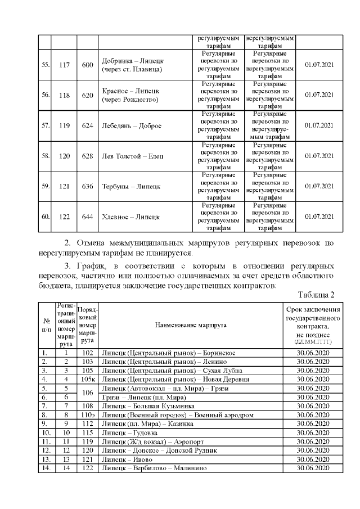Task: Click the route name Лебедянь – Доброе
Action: tap(131, 125)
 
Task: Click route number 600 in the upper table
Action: tap(87, 65)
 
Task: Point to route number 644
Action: tap(87, 217)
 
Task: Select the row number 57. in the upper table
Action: tap(46, 125)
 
